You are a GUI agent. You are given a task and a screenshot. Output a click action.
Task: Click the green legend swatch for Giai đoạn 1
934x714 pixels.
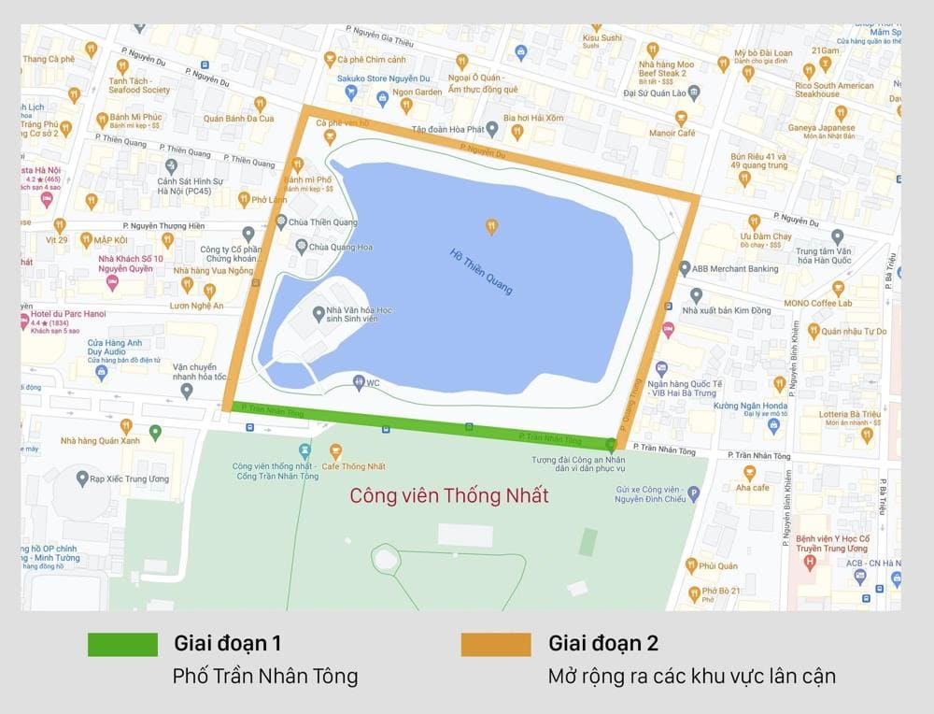(x=122, y=644)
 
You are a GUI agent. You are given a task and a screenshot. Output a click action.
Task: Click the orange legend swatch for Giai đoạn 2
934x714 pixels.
(x=496, y=644)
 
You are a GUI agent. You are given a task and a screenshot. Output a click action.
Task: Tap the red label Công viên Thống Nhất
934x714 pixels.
(x=449, y=495)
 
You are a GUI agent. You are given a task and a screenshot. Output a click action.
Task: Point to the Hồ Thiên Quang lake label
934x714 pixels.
(x=481, y=271)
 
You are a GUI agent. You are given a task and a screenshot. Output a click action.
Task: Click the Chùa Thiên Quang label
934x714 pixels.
(x=323, y=222)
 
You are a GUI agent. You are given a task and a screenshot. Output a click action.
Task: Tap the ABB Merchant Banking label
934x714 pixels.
(x=734, y=269)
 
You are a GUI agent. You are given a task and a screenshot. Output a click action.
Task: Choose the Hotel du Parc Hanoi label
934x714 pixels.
(x=61, y=310)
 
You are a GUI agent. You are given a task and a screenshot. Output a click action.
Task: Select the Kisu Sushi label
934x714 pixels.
(x=601, y=38)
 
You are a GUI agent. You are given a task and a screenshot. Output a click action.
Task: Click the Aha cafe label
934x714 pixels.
(x=752, y=487)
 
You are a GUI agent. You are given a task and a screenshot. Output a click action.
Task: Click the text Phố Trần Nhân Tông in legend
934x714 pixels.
(x=265, y=676)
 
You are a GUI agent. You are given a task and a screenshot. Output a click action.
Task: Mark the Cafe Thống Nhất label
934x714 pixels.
(x=356, y=466)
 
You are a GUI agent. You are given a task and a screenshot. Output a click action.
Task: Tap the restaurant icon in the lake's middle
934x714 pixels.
(x=491, y=225)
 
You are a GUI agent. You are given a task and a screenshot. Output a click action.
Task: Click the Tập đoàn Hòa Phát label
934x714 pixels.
(x=446, y=131)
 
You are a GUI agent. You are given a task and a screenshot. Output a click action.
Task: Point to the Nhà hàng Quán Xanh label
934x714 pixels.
(x=100, y=440)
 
